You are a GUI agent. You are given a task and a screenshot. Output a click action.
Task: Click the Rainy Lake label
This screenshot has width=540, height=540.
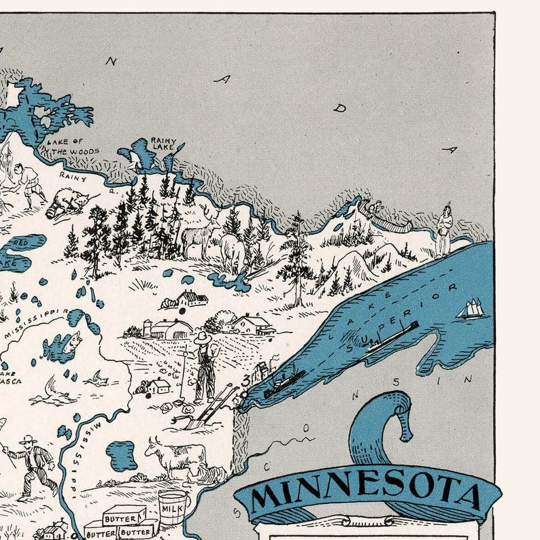click(x=163, y=144)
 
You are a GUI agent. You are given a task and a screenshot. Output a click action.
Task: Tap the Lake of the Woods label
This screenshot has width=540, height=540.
click(x=73, y=146)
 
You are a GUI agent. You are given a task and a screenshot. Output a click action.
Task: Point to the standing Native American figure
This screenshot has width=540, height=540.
click(x=443, y=229)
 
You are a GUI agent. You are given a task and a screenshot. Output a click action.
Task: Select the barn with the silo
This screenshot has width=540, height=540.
click(x=167, y=329)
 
